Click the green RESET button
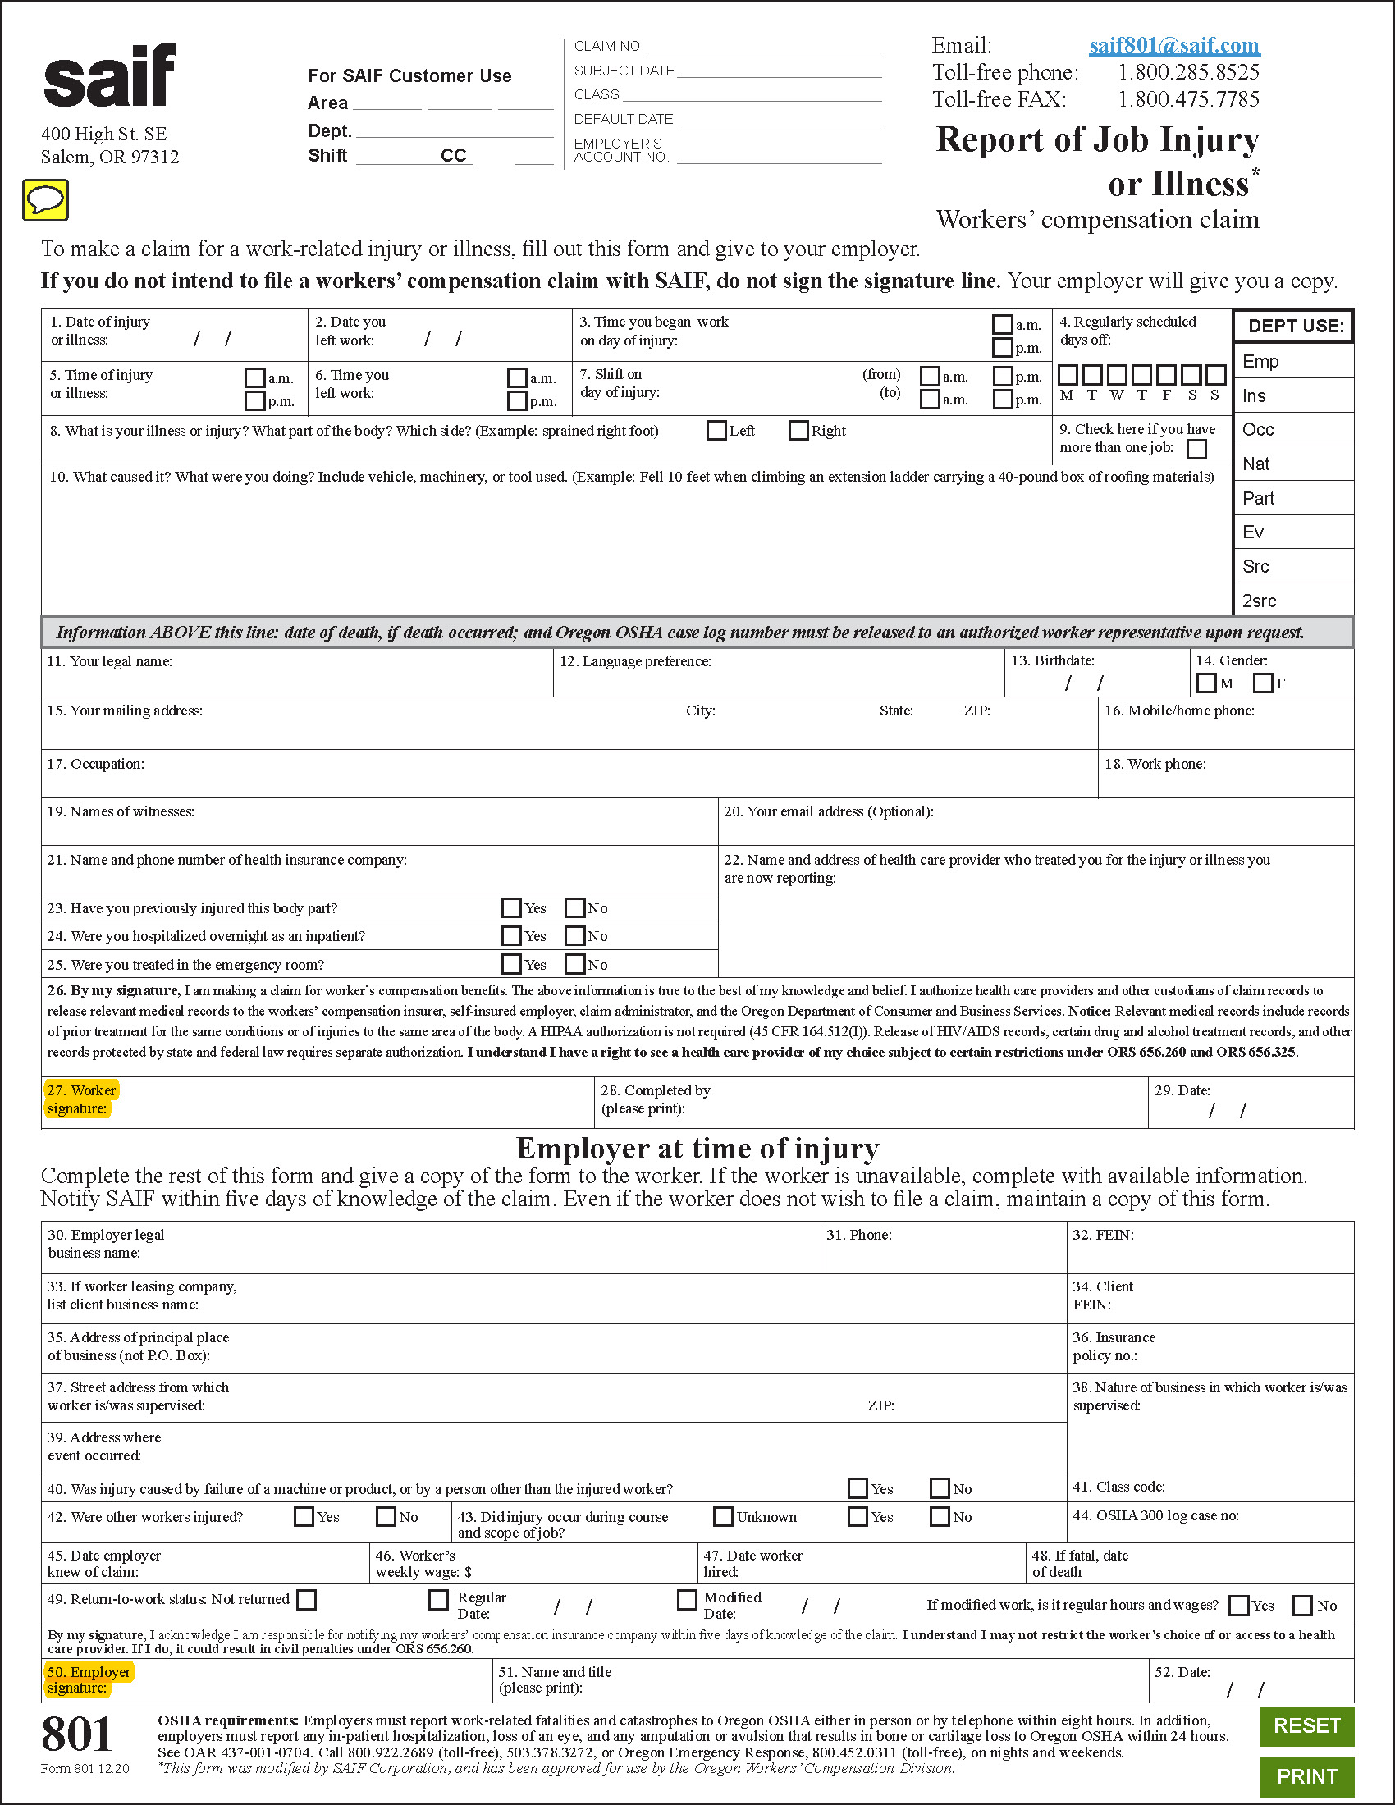pos(1306,1725)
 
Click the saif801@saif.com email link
pos(1173,45)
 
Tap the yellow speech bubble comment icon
pos(45,200)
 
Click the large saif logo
pos(110,76)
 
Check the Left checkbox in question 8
pos(716,431)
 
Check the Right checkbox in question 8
pos(798,431)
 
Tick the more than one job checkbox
pos(1196,449)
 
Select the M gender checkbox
pos(1205,683)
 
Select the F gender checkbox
pos(1262,683)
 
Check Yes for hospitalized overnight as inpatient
pos(511,935)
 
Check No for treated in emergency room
pos(575,964)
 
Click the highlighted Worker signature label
pos(81,1099)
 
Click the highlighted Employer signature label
pos(88,1679)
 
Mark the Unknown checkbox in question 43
pos(723,1516)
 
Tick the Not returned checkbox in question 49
pos(307,1599)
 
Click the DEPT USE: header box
pos(1294,326)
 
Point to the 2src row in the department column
pos(1292,601)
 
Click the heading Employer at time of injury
pos(697,1149)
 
